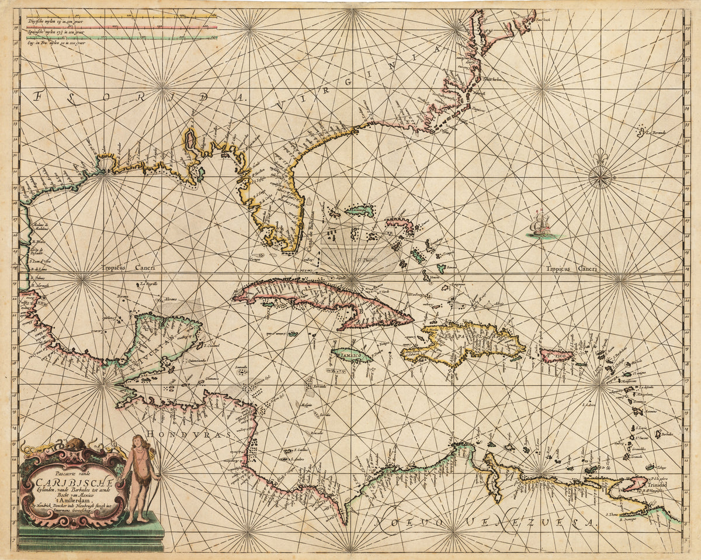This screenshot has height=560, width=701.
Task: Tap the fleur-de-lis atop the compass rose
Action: click(600, 156)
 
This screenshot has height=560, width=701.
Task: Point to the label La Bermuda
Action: click(656, 132)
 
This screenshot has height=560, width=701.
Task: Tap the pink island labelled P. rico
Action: click(556, 354)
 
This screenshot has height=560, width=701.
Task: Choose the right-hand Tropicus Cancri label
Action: click(571, 269)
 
